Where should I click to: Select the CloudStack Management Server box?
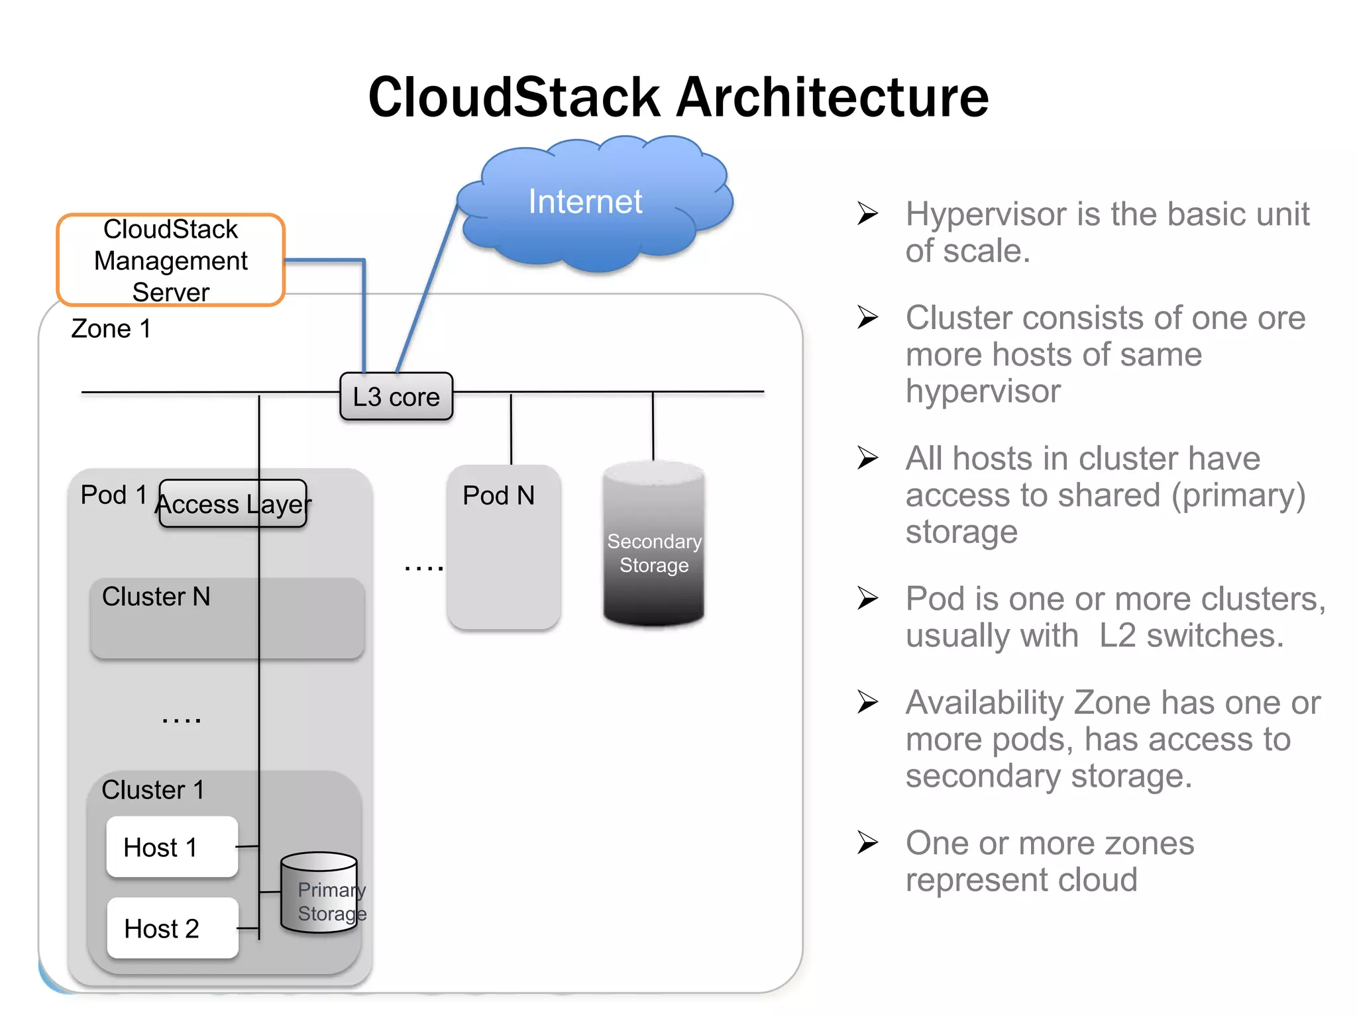pyautogui.click(x=171, y=260)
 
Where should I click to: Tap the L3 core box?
pyautogui.click(x=396, y=397)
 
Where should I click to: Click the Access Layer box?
pyautogui.click(x=233, y=504)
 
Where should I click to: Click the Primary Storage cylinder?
pyautogui.click(x=319, y=894)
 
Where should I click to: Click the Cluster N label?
pyautogui.click(x=156, y=597)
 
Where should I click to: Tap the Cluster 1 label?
pyautogui.click(x=152, y=790)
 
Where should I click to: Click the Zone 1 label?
pyautogui.click(x=111, y=329)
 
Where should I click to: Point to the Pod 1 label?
pyautogui.click(x=113, y=495)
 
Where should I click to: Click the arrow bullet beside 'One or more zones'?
pyautogui.click(x=867, y=843)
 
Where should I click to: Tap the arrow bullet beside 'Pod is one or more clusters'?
pyautogui.click(x=867, y=598)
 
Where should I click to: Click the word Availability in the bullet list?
pyautogui.click(x=985, y=702)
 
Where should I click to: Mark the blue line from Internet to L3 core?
pyautogui.click(x=427, y=288)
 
